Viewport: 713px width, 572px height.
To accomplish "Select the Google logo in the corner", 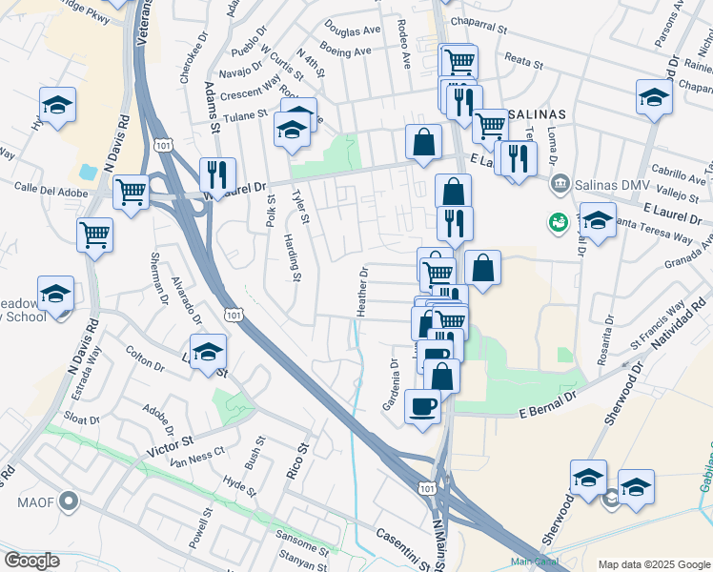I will click(31, 561).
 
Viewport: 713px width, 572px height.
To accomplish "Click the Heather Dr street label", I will click(362, 292).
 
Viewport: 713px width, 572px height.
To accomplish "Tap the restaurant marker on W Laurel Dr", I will click(217, 174).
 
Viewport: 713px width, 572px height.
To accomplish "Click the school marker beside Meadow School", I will click(55, 294).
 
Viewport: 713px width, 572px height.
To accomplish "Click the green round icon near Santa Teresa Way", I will click(558, 222).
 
